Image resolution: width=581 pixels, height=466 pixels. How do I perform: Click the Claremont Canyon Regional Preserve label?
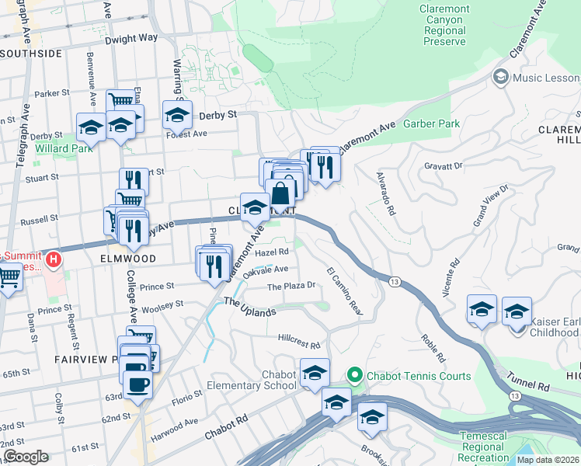pos(444,25)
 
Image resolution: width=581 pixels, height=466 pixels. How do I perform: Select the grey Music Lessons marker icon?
pos(500,78)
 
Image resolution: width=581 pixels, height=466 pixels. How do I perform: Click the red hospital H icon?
pos(53,258)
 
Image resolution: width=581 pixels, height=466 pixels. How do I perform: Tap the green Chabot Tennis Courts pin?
pos(355,376)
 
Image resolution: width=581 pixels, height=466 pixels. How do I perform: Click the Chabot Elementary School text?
pos(252,381)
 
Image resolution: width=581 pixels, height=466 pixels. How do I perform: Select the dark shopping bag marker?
pos(281,194)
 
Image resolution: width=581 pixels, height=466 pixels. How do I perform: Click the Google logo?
pos(26,457)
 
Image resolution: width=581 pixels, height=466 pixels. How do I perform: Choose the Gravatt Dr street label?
pos(444,165)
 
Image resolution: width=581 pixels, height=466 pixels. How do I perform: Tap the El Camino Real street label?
pos(345,290)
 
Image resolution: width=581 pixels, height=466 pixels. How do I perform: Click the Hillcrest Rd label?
pos(299,344)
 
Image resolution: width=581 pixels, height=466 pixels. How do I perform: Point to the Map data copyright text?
pos(548,460)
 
